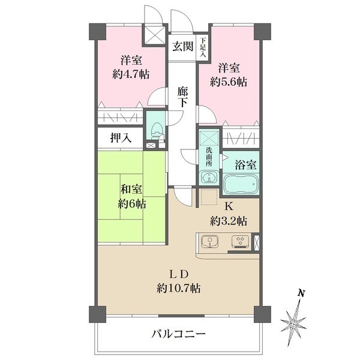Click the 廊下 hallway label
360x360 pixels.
[183, 98]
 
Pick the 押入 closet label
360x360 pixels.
[121, 138]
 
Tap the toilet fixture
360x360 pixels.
[156, 128]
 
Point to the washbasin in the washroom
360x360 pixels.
[209, 178]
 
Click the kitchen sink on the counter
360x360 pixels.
[211, 242]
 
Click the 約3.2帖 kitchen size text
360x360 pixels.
[228, 220]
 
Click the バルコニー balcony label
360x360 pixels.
[178, 334]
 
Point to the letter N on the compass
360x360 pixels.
[302, 293]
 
